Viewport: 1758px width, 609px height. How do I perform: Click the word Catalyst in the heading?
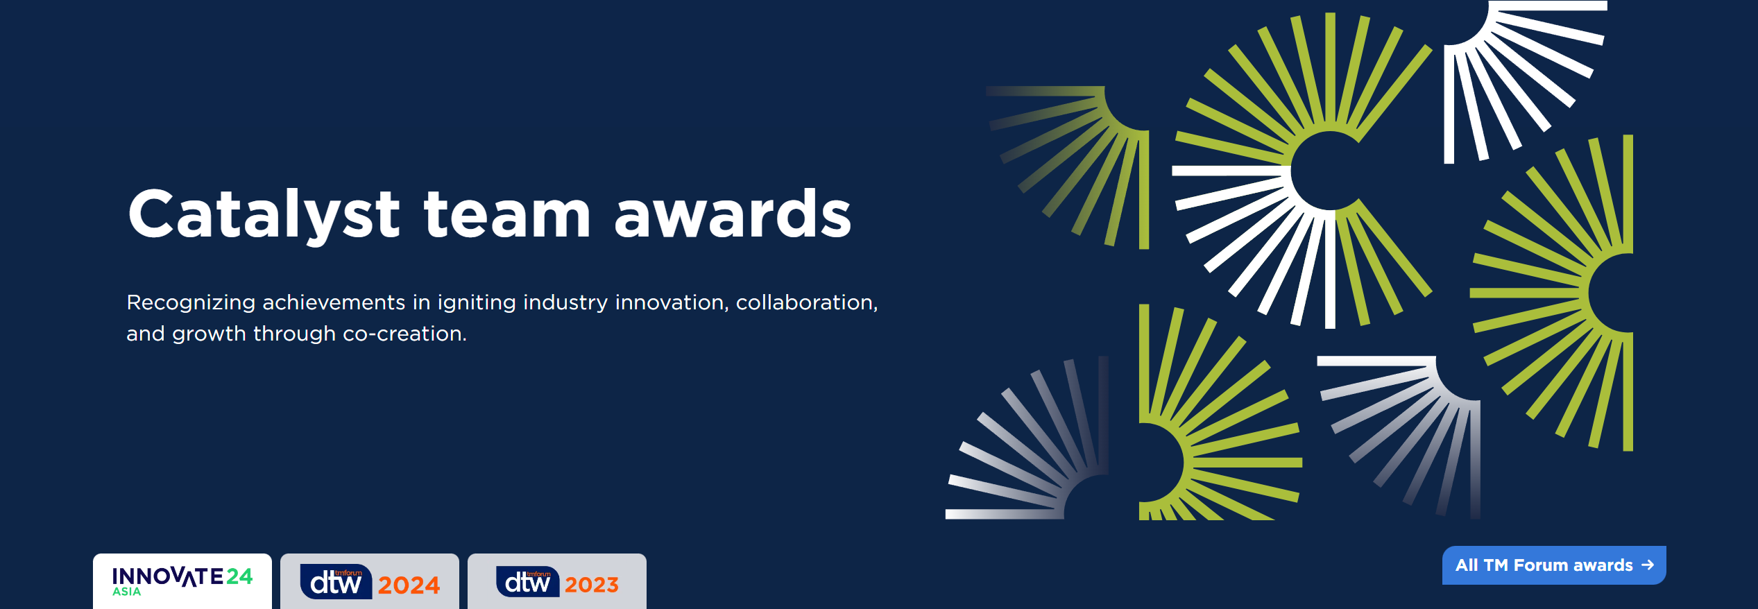point(264,214)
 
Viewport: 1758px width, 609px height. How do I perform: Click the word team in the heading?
point(507,214)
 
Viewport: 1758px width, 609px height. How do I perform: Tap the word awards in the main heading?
point(733,214)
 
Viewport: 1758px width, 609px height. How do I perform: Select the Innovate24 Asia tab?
point(182,581)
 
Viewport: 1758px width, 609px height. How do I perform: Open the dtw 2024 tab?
point(370,581)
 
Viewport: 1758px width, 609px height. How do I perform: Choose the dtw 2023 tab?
point(557,581)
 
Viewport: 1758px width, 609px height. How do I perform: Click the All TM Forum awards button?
point(1554,565)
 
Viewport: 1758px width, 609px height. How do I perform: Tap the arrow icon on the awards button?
point(1648,565)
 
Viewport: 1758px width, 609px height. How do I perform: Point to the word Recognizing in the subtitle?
point(191,303)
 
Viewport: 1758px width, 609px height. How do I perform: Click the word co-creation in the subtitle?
point(404,334)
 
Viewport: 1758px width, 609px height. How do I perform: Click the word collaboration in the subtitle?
point(807,303)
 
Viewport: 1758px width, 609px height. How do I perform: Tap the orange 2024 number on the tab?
point(409,585)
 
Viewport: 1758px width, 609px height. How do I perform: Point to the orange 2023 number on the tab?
point(591,585)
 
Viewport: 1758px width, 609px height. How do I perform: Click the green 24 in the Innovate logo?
point(239,576)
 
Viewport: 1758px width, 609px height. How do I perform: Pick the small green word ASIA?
point(127,592)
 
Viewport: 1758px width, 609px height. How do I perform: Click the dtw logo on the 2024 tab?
point(336,581)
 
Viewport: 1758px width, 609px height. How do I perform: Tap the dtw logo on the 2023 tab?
point(527,581)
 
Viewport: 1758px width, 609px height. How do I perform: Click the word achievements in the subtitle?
point(334,303)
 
